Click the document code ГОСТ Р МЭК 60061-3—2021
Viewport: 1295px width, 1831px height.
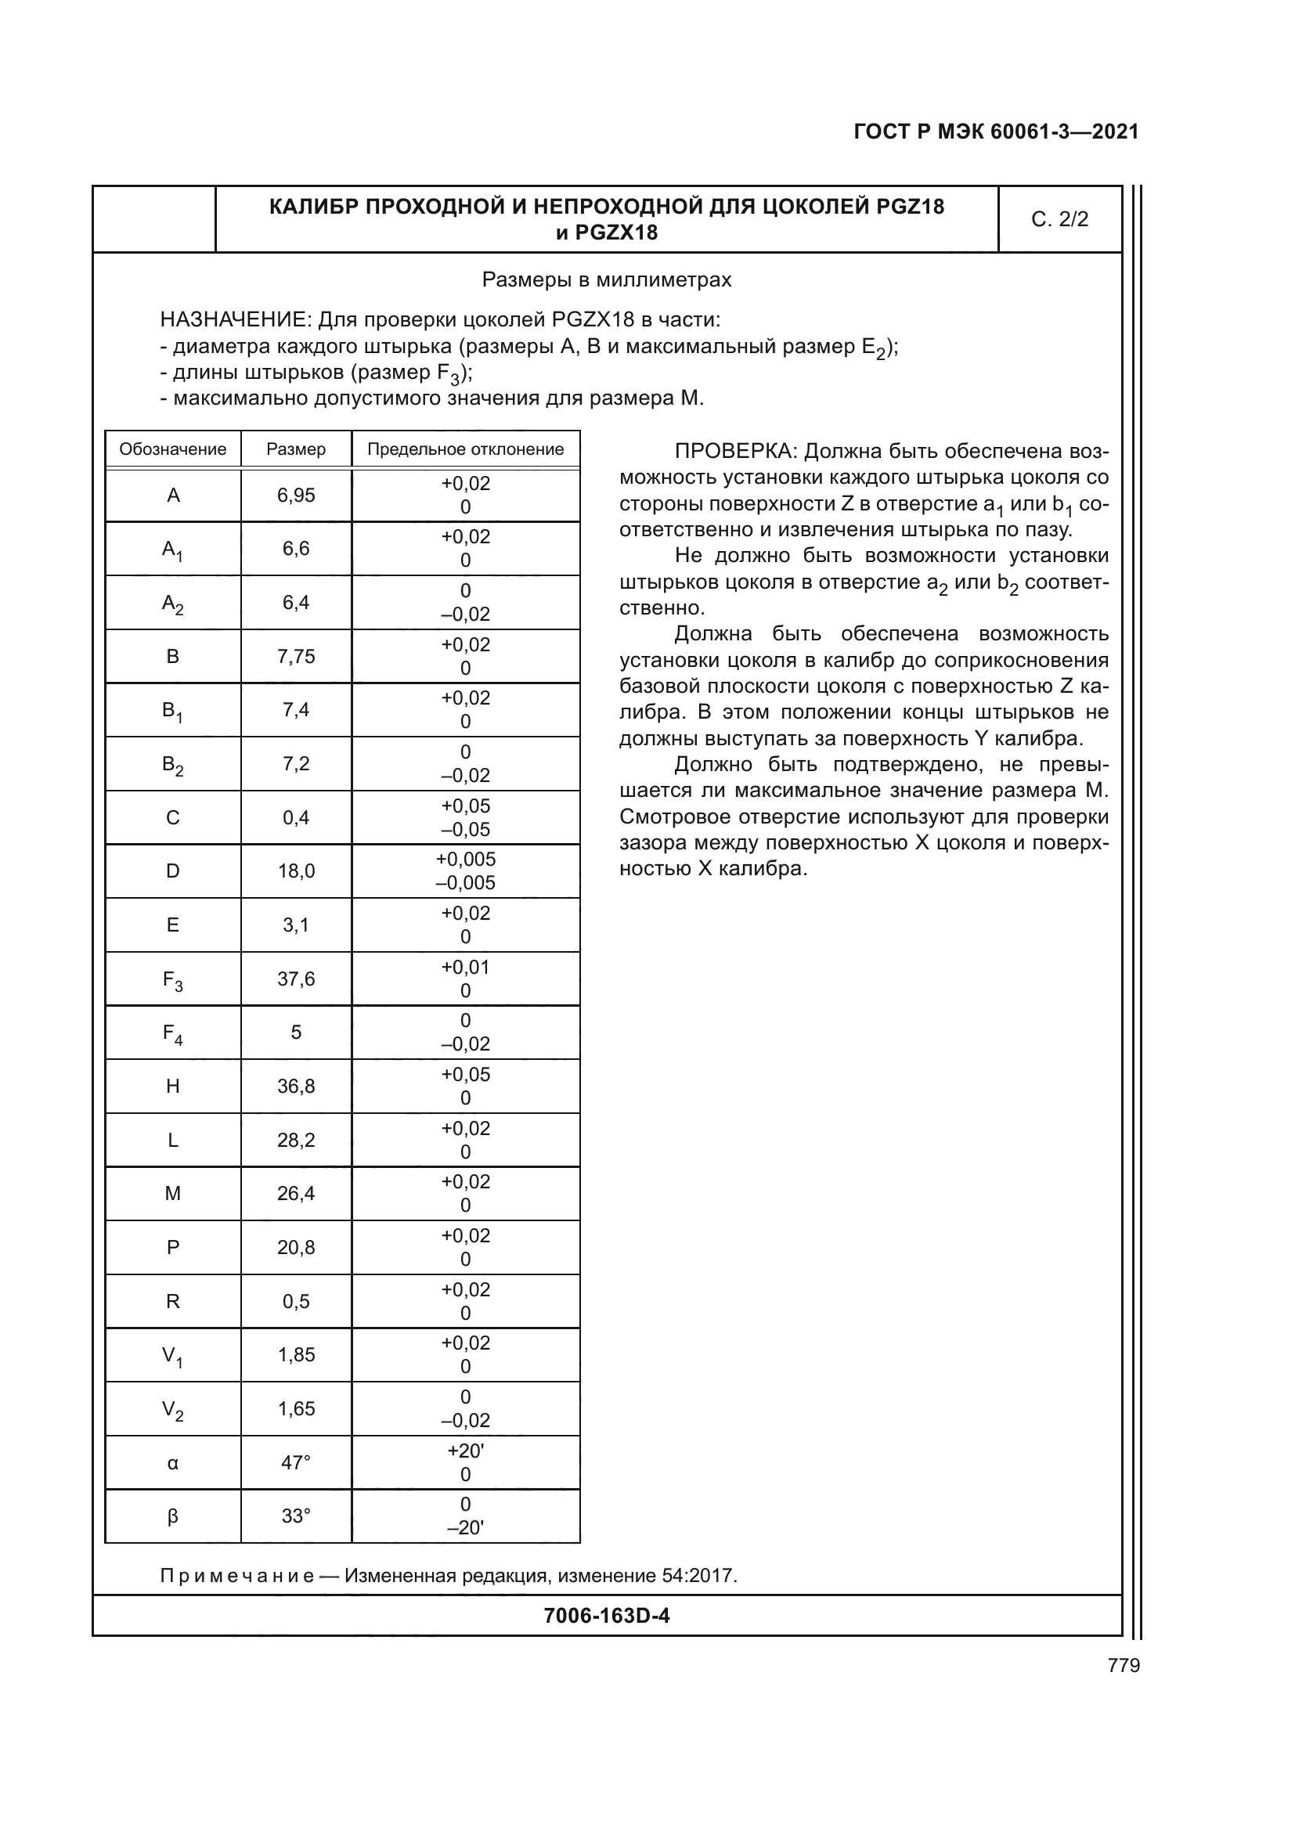tap(995, 132)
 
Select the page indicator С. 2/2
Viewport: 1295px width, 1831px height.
tap(1059, 219)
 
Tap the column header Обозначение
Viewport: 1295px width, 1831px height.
tap(172, 449)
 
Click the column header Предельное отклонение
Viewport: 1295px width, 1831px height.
tap(465, 449)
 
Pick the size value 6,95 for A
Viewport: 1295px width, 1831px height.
tap(296, 496)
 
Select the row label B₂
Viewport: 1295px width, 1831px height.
tap(173, 765)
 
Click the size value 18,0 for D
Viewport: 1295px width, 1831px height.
tap(296, 870)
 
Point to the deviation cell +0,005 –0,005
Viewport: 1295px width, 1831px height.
tap(465, 870)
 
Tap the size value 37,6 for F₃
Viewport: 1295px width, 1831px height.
tap(296, 979)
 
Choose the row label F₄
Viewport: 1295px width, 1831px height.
tap(173, 1033)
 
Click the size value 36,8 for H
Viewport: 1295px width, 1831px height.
tap(296, 1087)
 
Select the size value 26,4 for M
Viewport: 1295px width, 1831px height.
tap(296, 1194)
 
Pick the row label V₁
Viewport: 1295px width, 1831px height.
tap(173, 1356)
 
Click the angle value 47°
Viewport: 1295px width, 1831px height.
tap(296, 1462)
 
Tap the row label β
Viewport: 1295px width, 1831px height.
tap(173, 1516)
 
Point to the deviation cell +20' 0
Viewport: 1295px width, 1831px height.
tap(465, 1462)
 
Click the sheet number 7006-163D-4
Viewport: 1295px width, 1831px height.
tap(606, 1616)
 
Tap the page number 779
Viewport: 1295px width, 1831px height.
tap(1124, 1665)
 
